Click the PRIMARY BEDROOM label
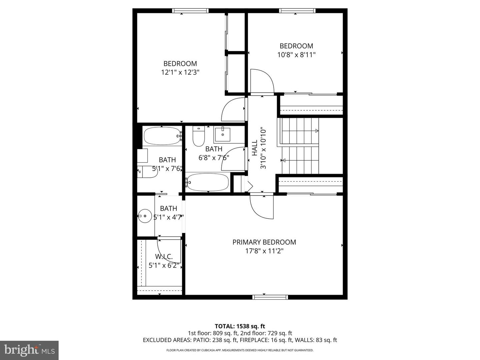[264, 242]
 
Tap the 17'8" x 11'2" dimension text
[264, 251]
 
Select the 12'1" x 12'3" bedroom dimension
[180, 72]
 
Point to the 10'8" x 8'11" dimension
[296, 55]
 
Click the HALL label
[255, 148]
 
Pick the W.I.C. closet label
[164, 257]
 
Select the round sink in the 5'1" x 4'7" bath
[145, 216]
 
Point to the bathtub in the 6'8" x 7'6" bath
[207, 182]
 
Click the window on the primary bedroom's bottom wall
[270, 297]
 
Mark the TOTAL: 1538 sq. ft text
[240, 326]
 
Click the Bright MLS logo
[29, 350]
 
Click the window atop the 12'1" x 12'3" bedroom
[190, 11]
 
